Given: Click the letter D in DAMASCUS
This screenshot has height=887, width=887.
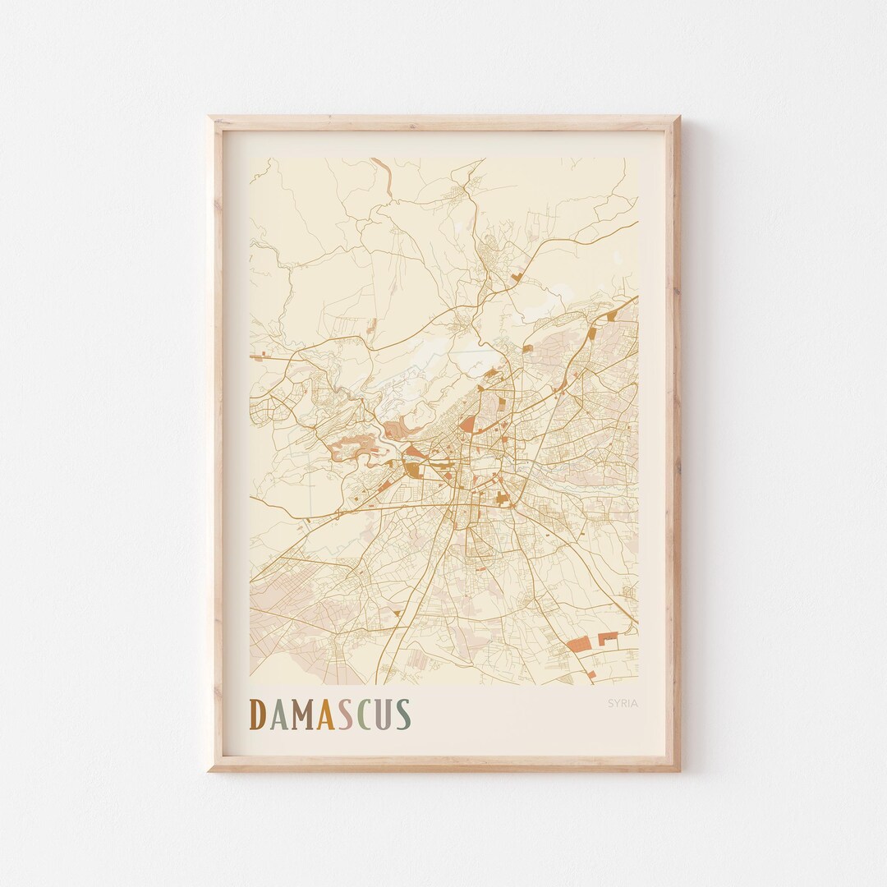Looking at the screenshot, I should pos(257,715).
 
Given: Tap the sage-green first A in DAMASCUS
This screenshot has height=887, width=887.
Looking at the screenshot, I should pos(278,715).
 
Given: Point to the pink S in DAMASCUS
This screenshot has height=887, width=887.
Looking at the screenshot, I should pos(346,715).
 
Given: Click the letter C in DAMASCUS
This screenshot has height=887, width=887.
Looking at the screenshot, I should pos(364,715).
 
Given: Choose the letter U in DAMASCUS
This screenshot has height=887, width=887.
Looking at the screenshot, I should pos(383,715).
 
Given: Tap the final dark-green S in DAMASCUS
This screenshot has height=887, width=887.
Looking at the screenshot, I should pos(402,715).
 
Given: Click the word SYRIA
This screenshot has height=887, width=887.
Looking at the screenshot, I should pos(623,703).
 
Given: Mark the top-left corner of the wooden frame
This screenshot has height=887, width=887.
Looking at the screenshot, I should pos(209,117).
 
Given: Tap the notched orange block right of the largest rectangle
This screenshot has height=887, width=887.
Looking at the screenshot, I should pos(608,637).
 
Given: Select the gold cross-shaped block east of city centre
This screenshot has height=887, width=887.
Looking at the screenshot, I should pos(502,497).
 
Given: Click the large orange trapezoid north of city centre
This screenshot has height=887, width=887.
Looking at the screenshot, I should pos(467,423).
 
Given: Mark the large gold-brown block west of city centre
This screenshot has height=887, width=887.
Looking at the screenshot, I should pos(411,469).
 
